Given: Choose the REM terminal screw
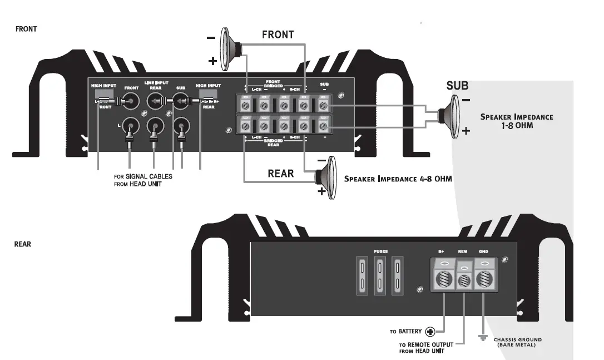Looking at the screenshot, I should (463, 281).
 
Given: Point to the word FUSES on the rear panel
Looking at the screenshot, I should (380, 251).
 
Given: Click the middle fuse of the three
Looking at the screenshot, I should (380, 276).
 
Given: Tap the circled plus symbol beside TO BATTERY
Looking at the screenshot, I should (430, 332).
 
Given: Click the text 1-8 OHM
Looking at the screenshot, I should (517, 126).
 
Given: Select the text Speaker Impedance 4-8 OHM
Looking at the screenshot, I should (398, 179).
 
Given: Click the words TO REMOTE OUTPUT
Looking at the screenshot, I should (426, 345).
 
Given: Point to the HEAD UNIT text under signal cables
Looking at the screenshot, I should (146, 184).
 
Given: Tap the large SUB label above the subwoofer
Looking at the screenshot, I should (457, 86).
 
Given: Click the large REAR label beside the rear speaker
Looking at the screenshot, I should (281, 173).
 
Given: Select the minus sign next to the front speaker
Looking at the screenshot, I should (211, 38).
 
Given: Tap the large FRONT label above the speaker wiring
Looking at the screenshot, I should (278, 34).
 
